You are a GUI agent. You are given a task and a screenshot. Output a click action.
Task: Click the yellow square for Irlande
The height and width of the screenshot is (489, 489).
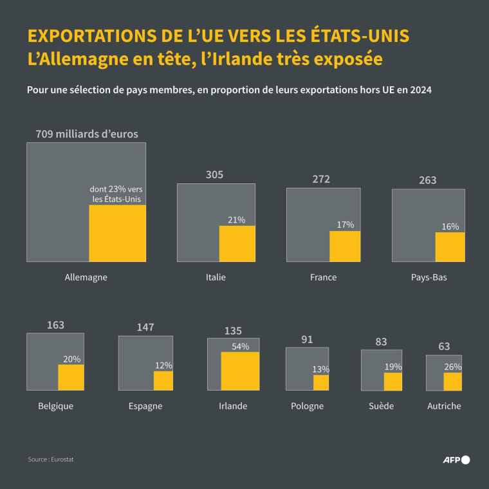240,371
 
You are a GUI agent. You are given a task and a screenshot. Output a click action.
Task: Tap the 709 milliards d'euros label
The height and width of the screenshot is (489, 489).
86,134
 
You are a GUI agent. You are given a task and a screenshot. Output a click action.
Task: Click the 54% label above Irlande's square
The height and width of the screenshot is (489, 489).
240,346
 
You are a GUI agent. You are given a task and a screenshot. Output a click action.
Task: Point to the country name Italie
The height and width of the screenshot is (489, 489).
216,277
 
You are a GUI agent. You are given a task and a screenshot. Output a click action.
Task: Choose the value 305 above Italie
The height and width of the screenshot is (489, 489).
215,174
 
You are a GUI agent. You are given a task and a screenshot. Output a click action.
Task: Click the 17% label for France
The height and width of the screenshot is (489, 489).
345,225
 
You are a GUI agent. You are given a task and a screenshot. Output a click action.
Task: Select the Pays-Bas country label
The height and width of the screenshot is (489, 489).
429,277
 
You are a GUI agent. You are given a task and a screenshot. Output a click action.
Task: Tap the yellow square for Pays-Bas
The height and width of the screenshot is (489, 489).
450,247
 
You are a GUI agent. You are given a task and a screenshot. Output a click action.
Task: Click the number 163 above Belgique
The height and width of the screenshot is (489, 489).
55,325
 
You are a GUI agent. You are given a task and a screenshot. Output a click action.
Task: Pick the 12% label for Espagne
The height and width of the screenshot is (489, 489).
163,365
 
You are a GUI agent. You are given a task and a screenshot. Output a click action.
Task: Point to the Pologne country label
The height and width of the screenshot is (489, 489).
307,406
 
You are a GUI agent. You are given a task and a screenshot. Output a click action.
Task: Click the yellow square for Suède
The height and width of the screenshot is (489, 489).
392,382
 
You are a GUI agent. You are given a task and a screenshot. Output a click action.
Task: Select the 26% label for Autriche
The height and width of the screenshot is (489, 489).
453,367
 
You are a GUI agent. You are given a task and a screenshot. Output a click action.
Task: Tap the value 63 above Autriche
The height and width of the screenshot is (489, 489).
444,347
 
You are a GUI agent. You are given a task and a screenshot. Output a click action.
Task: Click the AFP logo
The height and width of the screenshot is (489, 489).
457,459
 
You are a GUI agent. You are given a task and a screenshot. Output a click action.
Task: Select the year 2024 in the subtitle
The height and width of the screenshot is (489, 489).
418,90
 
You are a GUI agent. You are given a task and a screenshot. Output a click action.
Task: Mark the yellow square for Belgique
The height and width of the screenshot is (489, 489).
71,377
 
